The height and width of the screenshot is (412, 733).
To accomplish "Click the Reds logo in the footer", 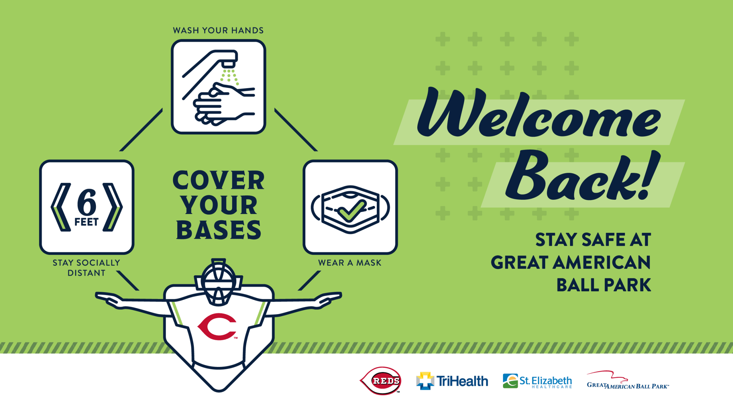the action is (380, 381).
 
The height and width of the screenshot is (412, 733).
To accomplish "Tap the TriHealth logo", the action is (452, 381).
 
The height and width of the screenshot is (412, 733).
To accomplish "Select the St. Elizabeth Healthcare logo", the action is (537, 381).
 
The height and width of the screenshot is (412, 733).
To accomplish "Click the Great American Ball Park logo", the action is (628, 380).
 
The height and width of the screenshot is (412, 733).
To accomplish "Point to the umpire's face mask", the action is (218, 282).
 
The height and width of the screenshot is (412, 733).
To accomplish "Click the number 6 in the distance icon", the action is (87, 202).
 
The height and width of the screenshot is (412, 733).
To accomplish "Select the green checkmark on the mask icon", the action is (352, 211).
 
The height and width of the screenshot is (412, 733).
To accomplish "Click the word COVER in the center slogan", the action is (218, 180).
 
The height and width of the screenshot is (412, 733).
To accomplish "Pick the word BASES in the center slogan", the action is (218, 230).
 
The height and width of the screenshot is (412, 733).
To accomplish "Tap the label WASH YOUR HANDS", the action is (218, 31).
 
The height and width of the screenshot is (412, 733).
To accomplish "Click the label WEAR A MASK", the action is (350, 263).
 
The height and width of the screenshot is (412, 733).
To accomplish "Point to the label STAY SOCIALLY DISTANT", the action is (86, 268).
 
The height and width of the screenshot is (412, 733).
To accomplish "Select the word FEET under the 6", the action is (86, 222).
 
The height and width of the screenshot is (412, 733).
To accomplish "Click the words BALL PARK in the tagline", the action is (604, 285).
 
